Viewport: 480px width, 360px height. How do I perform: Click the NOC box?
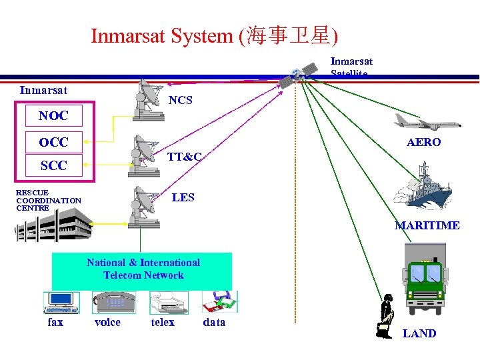[53, 115]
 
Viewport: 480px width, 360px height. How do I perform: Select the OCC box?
[53, 141]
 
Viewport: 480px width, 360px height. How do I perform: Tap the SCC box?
[53, 165]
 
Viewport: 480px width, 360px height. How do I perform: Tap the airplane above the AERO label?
[426, 121]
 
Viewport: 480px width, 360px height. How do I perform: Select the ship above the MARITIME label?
[423, 190]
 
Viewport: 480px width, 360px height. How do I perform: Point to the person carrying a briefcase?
[386, 317]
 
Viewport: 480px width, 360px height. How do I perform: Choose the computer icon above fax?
[61, 302]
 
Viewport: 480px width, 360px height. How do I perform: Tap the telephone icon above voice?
[113, 302]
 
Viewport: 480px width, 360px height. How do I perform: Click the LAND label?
[419, 333]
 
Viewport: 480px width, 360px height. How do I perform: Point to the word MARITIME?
[427, 225]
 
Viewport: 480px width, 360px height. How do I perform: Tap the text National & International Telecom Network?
[143, 269]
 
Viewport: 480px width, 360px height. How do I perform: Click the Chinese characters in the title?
[288, 35]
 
